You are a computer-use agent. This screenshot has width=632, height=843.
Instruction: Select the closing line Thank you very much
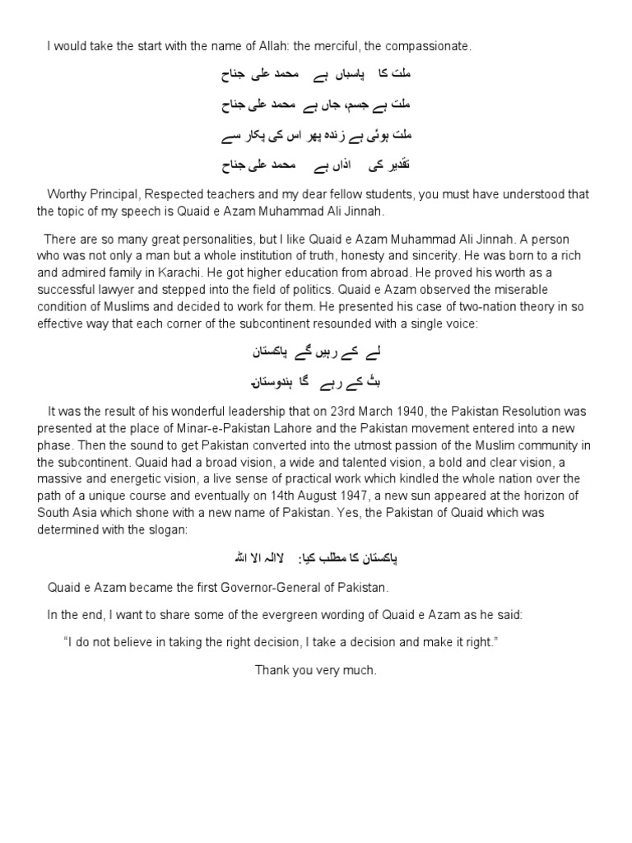(x=315, y=670)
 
